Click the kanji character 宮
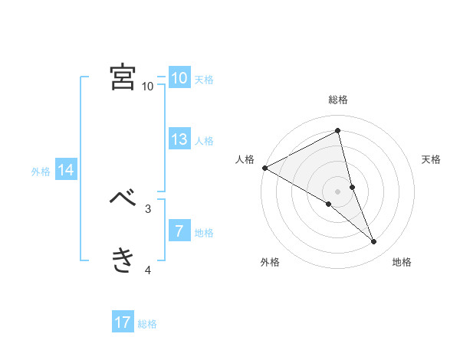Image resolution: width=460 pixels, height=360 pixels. (123, 77)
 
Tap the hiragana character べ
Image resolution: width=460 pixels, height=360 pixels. (123, 198)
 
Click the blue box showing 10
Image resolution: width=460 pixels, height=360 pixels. (179, 78)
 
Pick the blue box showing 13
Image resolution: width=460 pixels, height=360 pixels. (179, 139)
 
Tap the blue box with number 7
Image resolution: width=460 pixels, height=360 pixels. (179, 231)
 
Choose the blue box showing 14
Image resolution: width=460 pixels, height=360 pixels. (66, 170)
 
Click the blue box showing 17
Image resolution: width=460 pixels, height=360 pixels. (123, 322)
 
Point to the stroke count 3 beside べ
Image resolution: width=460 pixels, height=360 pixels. (147, 208)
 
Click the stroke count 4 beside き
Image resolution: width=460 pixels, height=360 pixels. (147, 270)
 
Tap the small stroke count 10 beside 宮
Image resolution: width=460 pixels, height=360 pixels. (147, 87)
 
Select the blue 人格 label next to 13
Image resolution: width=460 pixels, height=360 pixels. (204, 140)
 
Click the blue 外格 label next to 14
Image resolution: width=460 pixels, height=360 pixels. (41, 172)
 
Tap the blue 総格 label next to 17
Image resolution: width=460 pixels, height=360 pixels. (147, 324)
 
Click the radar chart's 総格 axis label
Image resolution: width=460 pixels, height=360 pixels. (338, 100)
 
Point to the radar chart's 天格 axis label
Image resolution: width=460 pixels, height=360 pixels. (432, 159)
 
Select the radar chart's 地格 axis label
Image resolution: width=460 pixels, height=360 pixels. (402, 263)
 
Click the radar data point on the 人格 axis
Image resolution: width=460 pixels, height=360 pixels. (264, 167)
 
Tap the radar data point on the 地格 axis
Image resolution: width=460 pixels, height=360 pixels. (374, 241)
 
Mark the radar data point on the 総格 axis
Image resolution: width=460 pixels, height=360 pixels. (338, 131)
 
